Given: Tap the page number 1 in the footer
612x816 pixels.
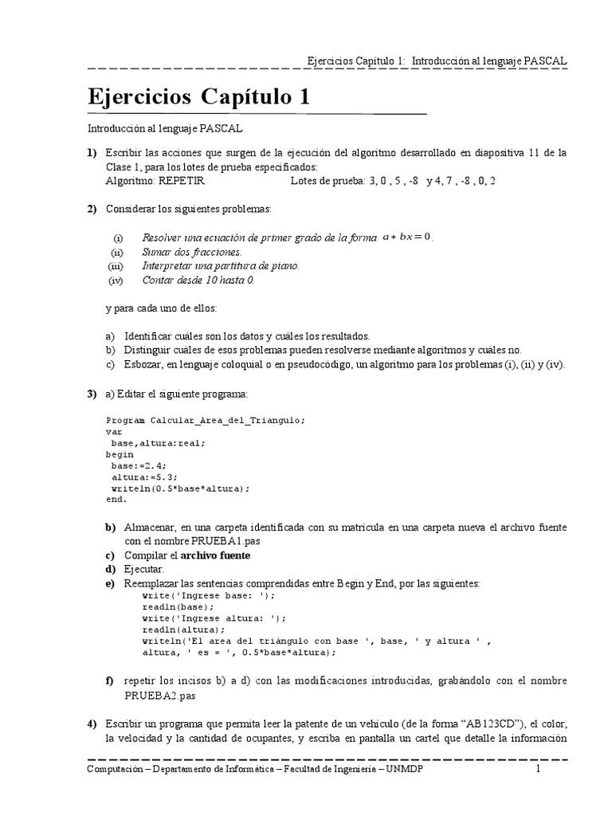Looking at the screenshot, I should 538,770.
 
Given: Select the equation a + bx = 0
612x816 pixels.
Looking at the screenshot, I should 406,237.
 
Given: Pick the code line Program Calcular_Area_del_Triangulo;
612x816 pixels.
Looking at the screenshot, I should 206,420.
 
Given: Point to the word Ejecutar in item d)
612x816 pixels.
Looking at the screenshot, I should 143,569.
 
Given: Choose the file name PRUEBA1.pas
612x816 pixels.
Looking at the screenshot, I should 226,540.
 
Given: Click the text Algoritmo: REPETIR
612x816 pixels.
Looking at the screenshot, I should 155,181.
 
